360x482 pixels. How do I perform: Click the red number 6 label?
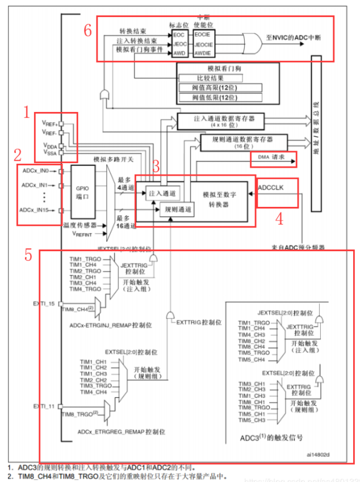click(x=87, y=31)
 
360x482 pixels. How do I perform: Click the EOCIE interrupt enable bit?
click(x=203, y=34)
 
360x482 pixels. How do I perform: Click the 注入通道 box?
click(x=161, y=194)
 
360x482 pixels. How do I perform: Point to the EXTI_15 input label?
click(x=44, y=305)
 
